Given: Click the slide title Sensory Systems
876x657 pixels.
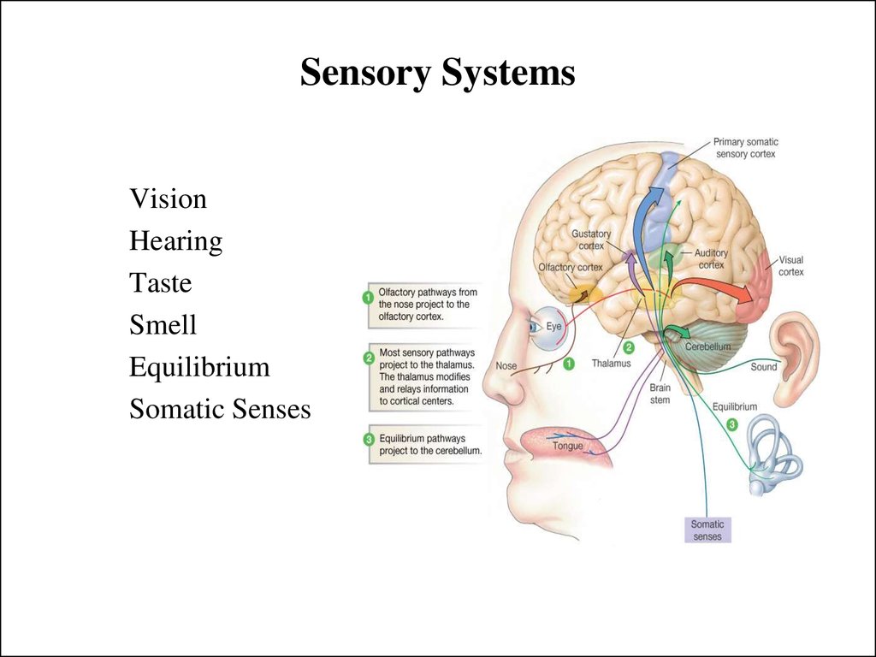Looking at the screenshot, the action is pos(437,73).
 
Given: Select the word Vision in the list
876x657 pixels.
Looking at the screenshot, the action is pos(169,198).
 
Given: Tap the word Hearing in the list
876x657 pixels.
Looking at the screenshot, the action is pos(176,241).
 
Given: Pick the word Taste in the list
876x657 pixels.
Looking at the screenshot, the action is pos(161,282).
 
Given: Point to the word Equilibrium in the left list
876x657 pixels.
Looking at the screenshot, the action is pos(199,368).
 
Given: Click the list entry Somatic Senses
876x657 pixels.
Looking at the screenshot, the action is pos(220,409).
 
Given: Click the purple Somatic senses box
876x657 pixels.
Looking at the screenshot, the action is pos(707,530).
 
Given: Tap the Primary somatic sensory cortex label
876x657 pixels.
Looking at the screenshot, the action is pos(745,148).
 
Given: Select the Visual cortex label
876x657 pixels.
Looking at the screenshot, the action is pos(791,266).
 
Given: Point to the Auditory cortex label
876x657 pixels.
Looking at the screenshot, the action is pos(711,259).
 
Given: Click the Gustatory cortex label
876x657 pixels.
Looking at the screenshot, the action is pos(591,240).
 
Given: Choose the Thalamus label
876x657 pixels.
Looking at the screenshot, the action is pos(611,364).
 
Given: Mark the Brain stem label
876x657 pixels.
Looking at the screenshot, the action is pos(660,394).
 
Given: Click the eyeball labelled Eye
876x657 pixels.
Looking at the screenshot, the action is pos(547,329).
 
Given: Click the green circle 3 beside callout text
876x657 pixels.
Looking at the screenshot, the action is pos(369,440).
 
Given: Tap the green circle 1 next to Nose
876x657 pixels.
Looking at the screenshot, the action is pos(568,364).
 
